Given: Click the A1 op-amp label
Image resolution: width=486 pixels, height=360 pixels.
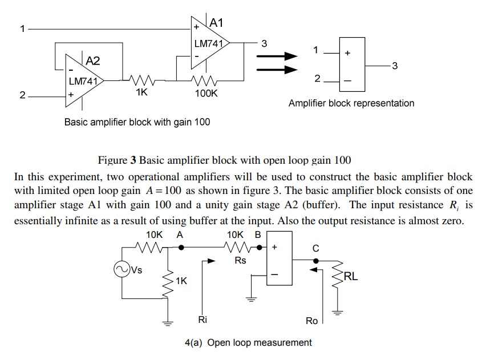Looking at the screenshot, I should [217, 23].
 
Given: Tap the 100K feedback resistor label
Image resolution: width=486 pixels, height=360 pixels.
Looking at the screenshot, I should [206, 93].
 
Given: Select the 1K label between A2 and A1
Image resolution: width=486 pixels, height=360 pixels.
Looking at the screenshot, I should [141, 92].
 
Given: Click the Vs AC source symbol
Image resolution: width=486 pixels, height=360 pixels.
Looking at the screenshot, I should [121, 269].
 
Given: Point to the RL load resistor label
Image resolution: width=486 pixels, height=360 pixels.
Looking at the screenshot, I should [351, 277].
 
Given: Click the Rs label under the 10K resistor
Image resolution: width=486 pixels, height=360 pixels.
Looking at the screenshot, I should [241, 261].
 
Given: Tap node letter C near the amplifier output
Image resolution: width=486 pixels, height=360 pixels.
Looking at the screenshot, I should [316, 248].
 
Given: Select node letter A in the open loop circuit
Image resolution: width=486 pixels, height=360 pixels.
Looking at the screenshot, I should [180, 234].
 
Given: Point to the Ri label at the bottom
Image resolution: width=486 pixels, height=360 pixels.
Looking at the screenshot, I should [202, 320].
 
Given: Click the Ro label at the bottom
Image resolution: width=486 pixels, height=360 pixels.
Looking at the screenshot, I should [311, 321].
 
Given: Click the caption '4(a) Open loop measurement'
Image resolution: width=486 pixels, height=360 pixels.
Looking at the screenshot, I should [248, 342].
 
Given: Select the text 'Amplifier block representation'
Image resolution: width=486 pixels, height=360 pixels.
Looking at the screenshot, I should [351, 103].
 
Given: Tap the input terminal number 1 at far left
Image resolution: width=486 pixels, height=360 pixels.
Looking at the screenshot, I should [22, 28].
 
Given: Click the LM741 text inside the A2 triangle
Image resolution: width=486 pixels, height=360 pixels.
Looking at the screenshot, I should [83, 82].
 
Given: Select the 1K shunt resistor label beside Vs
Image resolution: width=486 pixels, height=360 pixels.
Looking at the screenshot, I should [181, 281].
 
